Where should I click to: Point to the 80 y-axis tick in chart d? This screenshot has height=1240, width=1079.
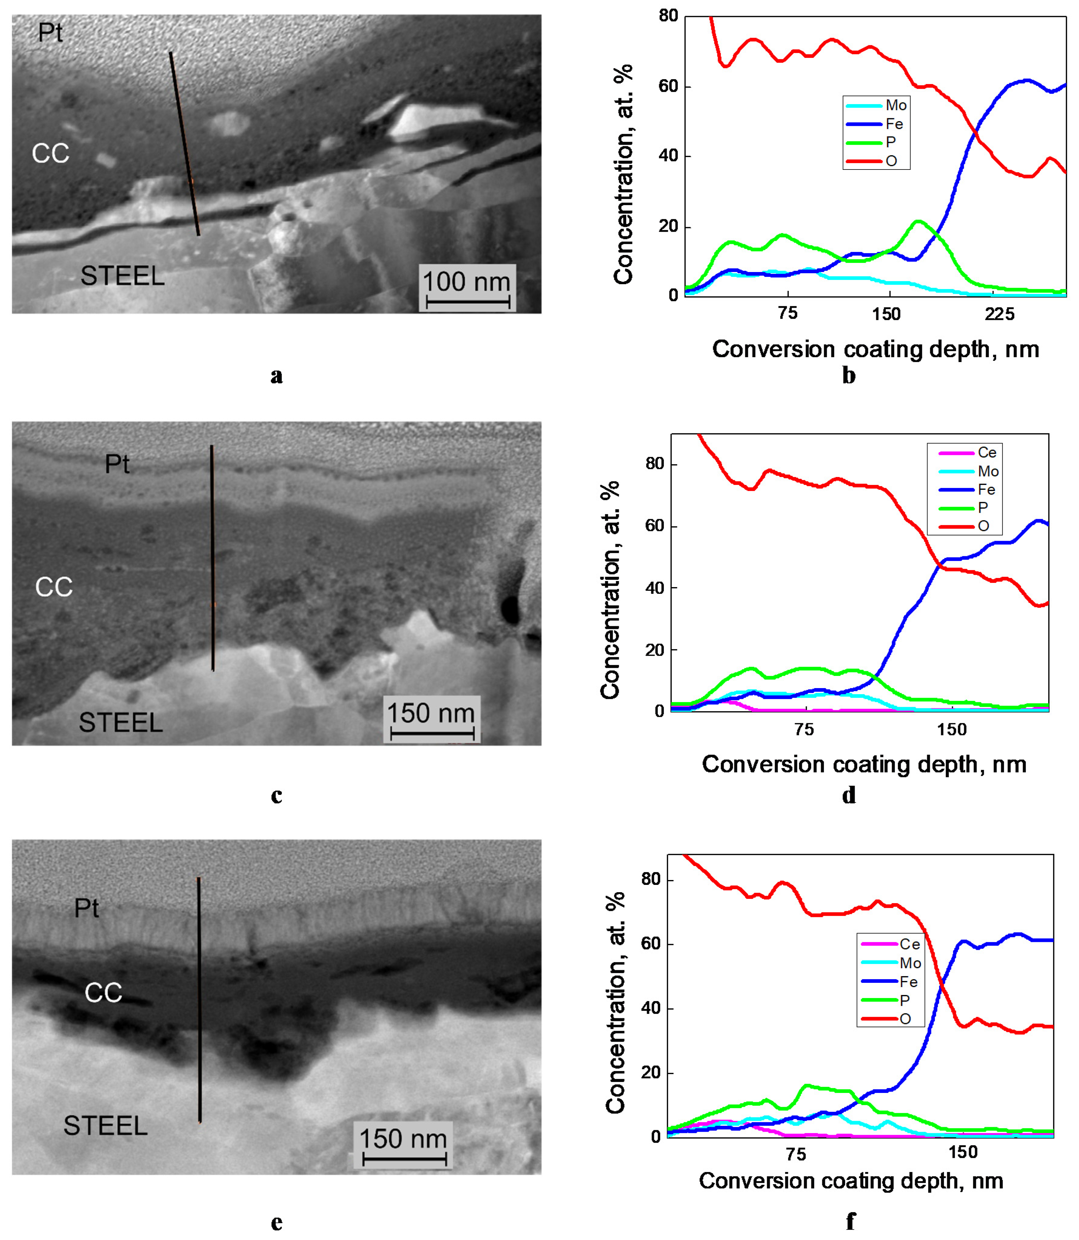click(x=655, y=464)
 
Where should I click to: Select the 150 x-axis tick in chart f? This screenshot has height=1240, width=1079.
click(x=963, y=1152)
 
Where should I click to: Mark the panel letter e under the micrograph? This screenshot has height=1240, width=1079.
click(x=276, y=1222)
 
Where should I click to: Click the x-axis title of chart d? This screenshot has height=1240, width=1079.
click(x=864, y=764)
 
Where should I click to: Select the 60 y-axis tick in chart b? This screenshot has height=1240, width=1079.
click(x=669, y=86)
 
